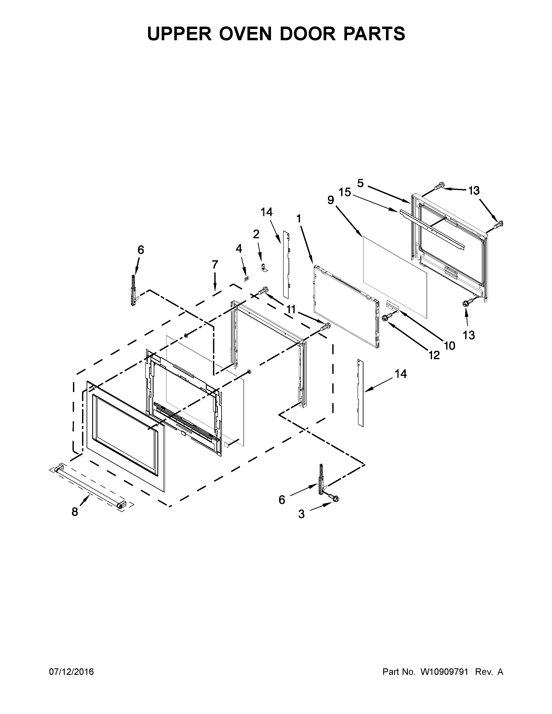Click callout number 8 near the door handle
pyautogui.click(x=75, y=512)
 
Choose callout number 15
pyautogui.click(x=345, y=193)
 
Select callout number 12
pyautogui.click(x=434, y=355)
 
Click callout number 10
pyautogui.click(x=450, y=346)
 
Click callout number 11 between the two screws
pyautogui.click(x=291, y=309)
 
